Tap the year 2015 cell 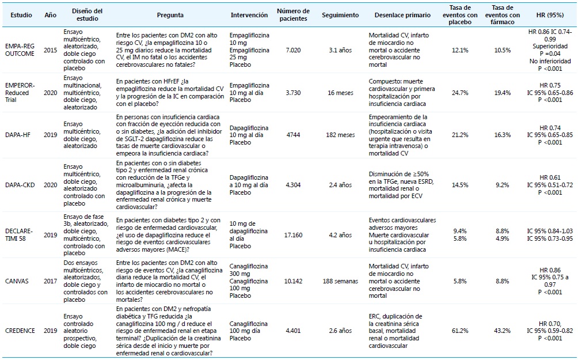50,50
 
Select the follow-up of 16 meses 341,91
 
